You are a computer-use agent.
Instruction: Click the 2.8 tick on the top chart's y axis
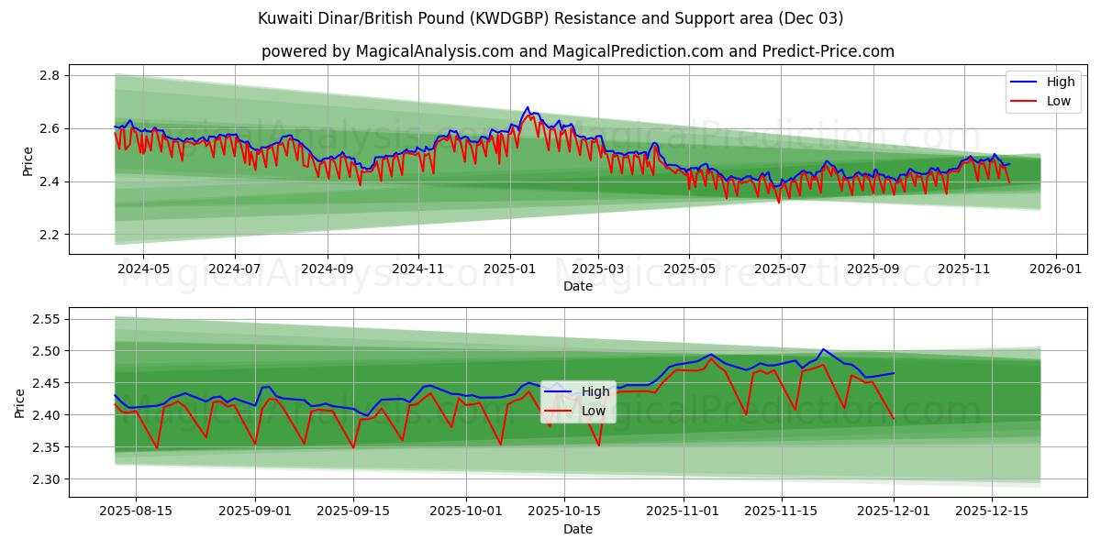(50, 75)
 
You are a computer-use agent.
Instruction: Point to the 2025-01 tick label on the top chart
(509, 269)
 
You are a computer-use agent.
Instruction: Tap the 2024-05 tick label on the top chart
(144, 269)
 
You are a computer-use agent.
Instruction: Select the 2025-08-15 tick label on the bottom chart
(136, 511)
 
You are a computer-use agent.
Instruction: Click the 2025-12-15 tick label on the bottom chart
(992, 511)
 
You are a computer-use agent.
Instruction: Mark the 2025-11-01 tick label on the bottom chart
(684, 511)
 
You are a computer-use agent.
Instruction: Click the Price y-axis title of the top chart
(28, 160)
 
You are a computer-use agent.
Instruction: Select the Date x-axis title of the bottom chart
(578, 529)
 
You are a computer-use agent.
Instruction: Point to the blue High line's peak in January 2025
(527, 107)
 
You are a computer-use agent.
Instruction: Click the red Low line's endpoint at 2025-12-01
(894, 418)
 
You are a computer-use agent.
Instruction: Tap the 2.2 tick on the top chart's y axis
(50, 235)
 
